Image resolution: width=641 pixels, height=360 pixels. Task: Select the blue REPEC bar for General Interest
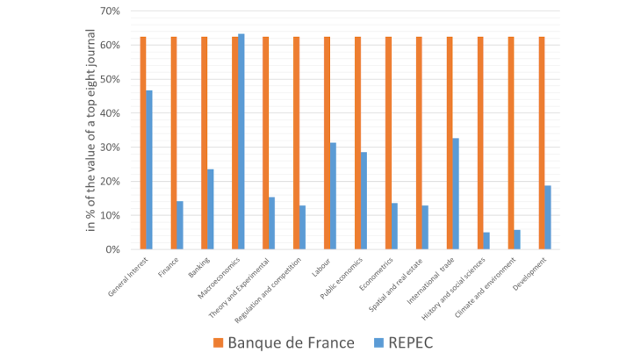point(149,169)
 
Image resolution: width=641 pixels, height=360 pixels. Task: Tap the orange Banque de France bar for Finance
point(174,143)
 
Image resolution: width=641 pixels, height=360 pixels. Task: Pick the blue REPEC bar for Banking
point(211,209)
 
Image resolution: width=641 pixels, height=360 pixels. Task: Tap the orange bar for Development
point(542,143)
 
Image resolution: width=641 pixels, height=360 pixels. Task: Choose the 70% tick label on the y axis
point(110,11)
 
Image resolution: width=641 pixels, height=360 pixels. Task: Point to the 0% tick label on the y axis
point(112,249)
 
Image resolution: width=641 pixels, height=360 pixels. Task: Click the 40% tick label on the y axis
point(110,113)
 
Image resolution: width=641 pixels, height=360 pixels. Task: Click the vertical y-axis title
point(91,130)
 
